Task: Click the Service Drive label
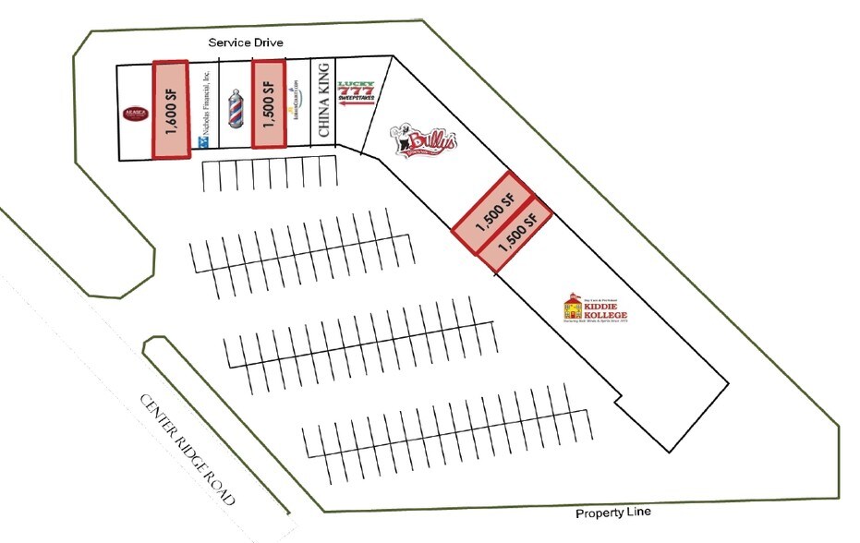coord(245,42)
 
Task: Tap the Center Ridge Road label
coord(188,450)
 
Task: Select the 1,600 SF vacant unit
coord(171,109)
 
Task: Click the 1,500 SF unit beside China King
coord(270,103)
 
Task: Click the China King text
coord(324,101)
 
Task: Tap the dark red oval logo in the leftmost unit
coord(135,113)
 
